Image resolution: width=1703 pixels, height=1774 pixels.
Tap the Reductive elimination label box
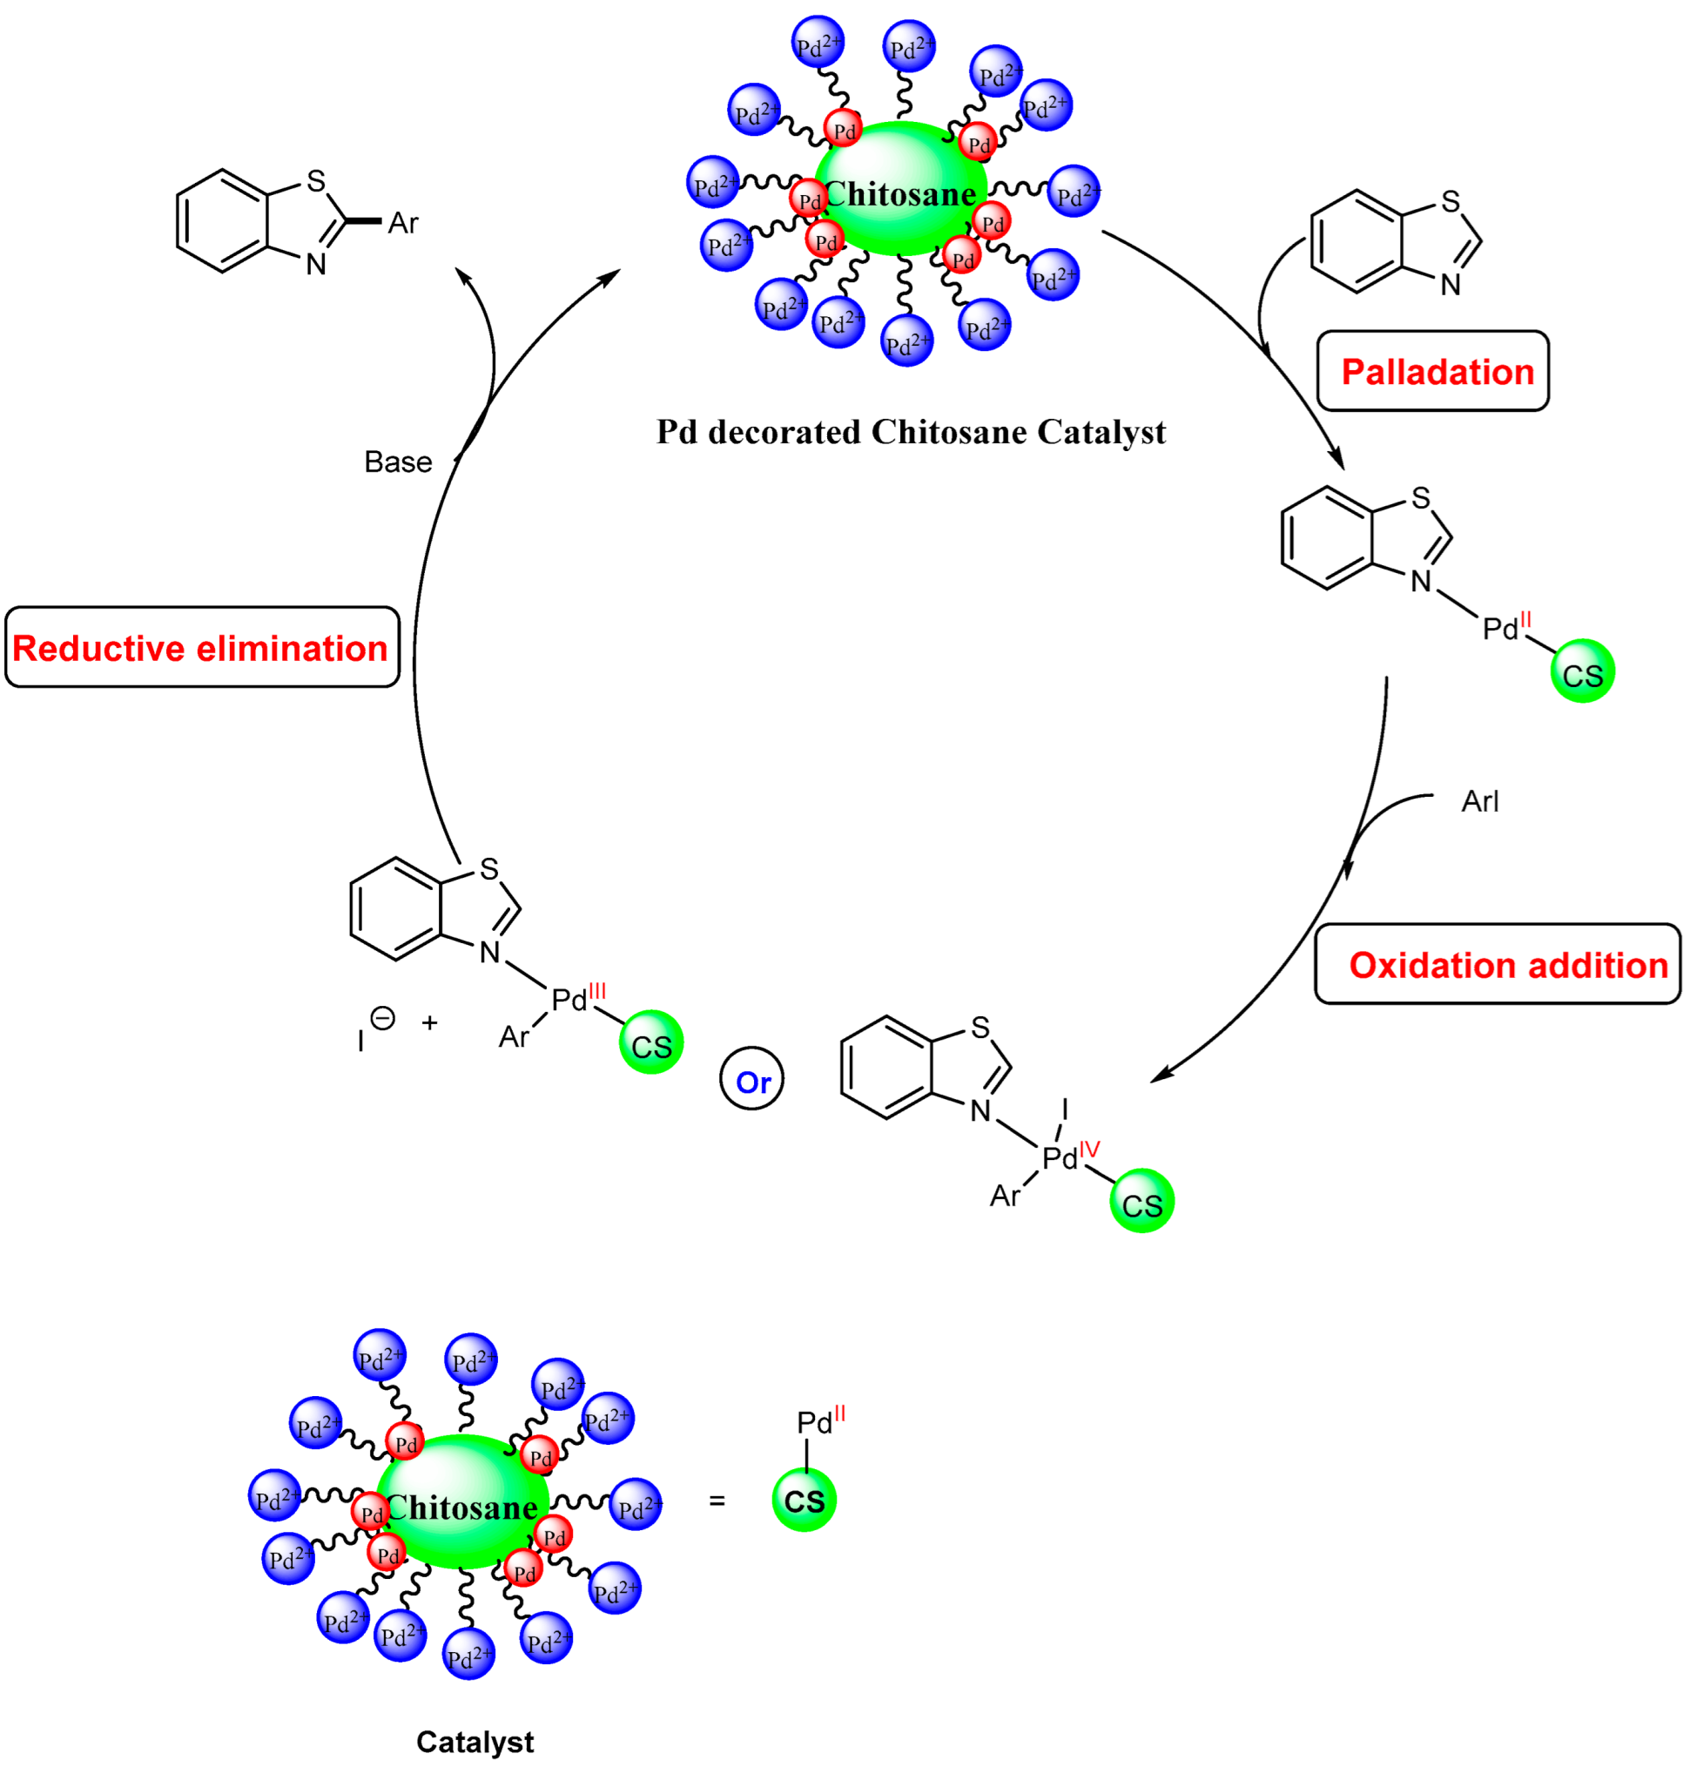(x=201, y=649)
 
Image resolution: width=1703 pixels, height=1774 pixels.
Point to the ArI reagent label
(x=1480, y=801)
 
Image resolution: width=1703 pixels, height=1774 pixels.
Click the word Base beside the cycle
(x=398, y=462)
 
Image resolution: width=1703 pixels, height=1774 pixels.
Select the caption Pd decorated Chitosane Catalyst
(x=911, y=433)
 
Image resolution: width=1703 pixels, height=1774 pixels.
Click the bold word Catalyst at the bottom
(x=475, y=1742)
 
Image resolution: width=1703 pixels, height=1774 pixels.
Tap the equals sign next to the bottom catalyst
(x=717, y=1501)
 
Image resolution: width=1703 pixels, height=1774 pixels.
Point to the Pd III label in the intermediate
(x=578, y=998)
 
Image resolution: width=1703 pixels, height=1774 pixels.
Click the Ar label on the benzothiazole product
(x=402, y=223)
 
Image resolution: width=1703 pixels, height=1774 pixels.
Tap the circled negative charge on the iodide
(x=384, y=1018)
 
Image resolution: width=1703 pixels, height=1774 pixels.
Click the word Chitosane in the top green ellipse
(x=900, y=193)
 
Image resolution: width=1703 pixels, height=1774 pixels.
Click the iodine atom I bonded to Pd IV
(x=1065, y=1109)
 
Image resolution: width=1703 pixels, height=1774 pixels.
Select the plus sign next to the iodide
(x=430, y=1022)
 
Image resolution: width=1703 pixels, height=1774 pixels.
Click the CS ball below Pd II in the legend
(x=804, y=1501)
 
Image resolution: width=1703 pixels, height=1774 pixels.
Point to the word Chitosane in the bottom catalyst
(x=462, y=1508)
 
